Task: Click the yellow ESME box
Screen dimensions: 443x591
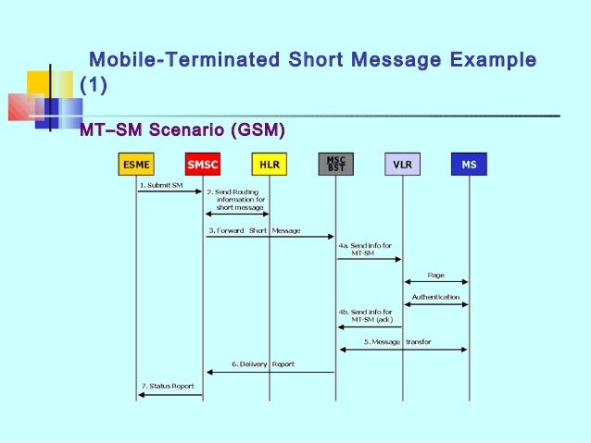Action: (x=137, y=165)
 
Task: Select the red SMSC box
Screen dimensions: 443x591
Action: (x=203, y=165)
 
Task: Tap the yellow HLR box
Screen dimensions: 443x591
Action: (x=270, y=165)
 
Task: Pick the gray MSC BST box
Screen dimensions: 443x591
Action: (x=335, y=164)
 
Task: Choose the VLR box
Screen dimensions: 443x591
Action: (x=402, y=165)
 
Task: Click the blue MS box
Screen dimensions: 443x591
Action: (x=469, y=165)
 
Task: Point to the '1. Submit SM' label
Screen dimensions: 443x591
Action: (x=160, y=185)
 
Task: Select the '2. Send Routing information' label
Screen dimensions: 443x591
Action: (x=235, y=199)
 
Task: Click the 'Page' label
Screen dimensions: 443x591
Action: (x=435, y=275)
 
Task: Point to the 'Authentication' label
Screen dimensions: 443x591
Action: (x=435, y=297)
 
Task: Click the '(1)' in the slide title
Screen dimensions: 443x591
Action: (x=94, y=87)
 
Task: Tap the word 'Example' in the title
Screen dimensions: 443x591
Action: (x=492, y=61)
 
